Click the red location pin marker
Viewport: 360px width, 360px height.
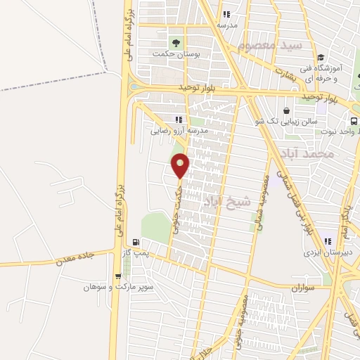pos(181,166)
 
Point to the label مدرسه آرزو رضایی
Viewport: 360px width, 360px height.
pos(179,130)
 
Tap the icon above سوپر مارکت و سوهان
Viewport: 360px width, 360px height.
pos(117,276)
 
